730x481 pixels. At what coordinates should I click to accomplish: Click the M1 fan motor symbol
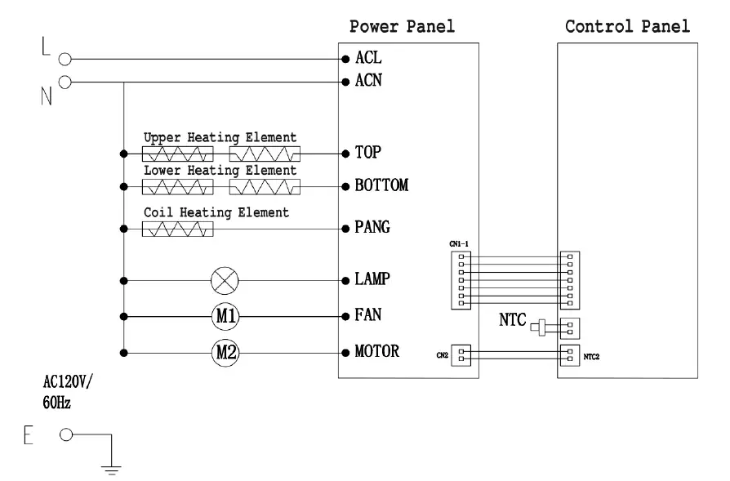point(226,317)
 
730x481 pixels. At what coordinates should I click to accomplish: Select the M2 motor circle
point(226,353)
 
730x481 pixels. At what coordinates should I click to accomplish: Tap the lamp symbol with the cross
point(225,281)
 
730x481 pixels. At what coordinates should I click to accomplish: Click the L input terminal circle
point(65,59)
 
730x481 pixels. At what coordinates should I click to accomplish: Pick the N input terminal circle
point(65,82)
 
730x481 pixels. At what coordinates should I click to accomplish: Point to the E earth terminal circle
point(66,435)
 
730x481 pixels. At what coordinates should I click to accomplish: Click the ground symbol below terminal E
point(111,469)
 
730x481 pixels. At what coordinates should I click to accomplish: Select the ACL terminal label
point(368,58)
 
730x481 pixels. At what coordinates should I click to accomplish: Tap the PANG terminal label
point(372,227)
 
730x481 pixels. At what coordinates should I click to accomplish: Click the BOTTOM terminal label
point(381,185)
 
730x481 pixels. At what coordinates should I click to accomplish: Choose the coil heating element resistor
point(178,229)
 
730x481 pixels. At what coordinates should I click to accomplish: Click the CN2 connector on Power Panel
point(461,355)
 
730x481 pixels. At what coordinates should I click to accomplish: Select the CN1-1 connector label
point(459,244)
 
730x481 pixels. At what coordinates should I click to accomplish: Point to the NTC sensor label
point(513,320)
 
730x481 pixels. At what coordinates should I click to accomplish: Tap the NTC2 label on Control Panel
point(591,357)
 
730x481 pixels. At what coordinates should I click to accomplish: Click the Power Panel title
point(402,27)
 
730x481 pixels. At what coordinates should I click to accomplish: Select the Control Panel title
point(627,27)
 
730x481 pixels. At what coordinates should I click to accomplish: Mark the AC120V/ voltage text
point(68,382)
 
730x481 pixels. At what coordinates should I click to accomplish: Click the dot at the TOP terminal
point(345,154)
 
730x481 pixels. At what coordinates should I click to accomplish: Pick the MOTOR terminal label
point(376,351)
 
